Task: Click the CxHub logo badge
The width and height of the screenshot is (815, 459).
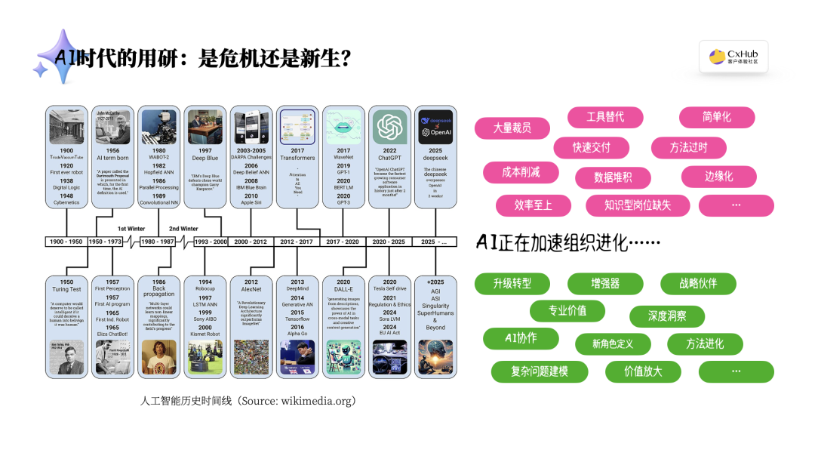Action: (733, 57)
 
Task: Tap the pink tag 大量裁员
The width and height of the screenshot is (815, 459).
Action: (512, 128)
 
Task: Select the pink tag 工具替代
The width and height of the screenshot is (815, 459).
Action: (605, 117)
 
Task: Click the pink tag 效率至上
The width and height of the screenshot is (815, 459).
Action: (533, 205)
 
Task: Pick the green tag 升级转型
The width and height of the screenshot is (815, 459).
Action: (512, 284)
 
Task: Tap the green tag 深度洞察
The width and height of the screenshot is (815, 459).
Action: (666, 316)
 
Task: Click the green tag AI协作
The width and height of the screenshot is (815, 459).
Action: (521, 338)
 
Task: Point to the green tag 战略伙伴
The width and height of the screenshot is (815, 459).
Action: (697, 284)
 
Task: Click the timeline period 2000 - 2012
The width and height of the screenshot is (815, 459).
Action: (251, 242)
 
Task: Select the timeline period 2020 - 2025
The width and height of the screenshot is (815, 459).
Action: (389, 242)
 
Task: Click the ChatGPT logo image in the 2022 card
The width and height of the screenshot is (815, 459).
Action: (389, 127)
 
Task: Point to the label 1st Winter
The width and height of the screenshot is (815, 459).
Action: (131, 228)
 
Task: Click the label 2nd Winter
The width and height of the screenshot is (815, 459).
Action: (183, 228)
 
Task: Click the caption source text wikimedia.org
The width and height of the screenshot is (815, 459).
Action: (317, 401)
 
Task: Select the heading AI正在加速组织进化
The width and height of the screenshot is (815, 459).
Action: (568, 242)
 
